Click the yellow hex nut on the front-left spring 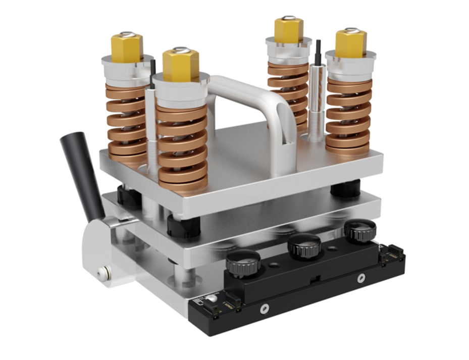(x=180, y=65)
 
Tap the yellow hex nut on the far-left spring (x=127, y=48)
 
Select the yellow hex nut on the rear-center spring (x=288, y=30)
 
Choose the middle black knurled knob (x=304, y=246)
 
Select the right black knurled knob (x=360, y=230)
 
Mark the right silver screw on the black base (x=360, y=278)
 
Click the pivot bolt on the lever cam (x=105, y=273)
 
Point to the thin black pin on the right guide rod (x=318, y=53)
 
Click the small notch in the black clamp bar (x=314, y=278)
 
